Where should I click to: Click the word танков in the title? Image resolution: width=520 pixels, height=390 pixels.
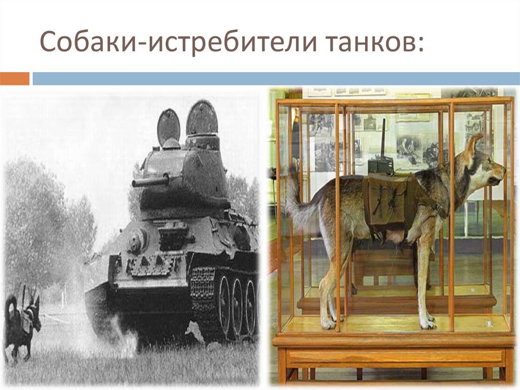coord(366,43)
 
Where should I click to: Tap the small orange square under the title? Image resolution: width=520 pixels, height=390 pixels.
coord(15,79)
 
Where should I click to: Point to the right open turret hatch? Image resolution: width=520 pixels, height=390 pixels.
coord(202,117)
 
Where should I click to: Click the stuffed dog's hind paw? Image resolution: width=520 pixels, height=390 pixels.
coord(328,322)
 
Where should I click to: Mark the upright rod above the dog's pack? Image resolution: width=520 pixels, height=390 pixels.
coord(383,137)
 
